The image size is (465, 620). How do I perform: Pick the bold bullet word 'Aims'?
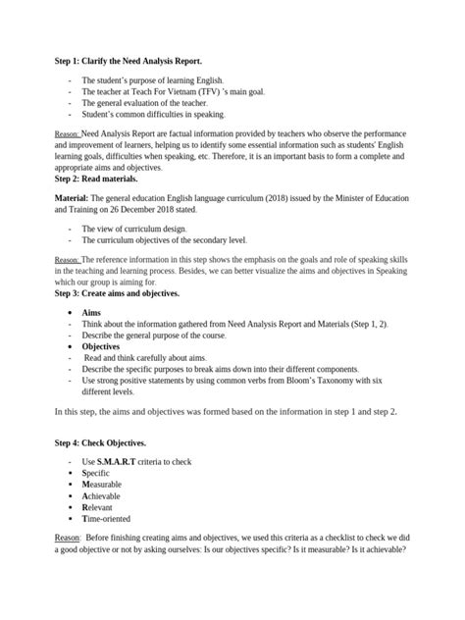[91, 310]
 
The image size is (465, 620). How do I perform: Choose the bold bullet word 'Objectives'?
[101, 346]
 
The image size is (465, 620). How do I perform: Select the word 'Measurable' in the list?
[104, 485]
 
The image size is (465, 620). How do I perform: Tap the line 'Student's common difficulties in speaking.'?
[153, 114]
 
